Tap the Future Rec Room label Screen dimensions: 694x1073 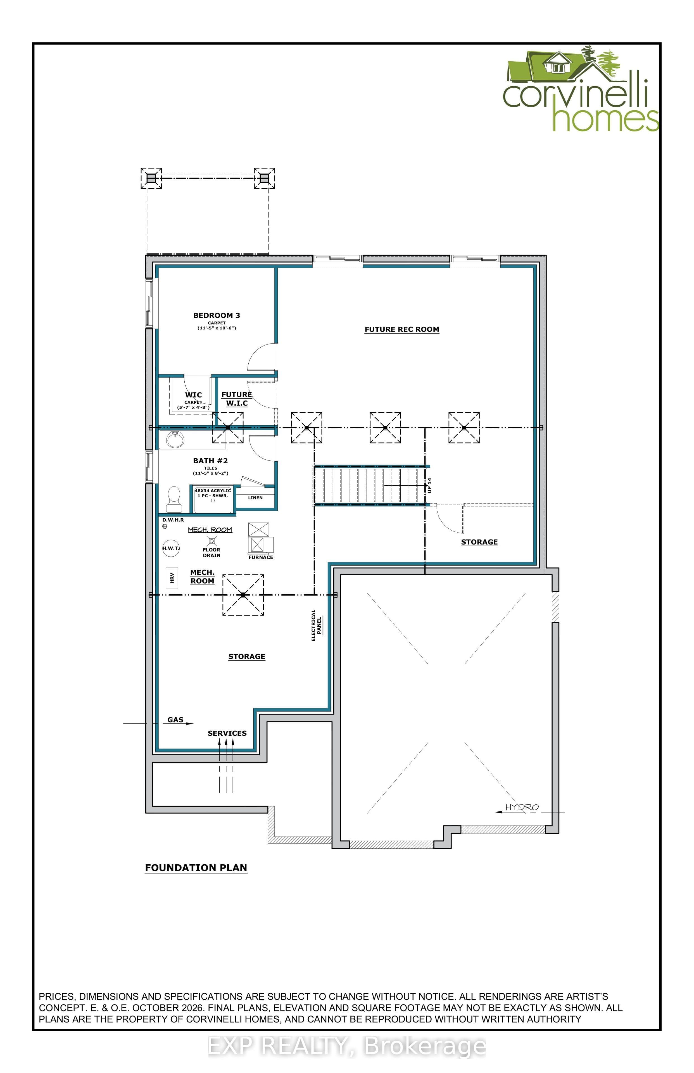coord(401,329)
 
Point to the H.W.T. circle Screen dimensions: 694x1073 coord(170,548)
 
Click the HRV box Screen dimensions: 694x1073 coord(172,578)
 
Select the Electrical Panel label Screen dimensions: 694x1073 coord(316,626)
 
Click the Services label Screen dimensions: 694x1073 coord(227,733)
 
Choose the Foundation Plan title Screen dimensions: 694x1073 coord(196,868)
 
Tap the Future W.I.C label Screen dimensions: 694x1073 coord(237,399)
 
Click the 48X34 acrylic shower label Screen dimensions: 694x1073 coord(213,493)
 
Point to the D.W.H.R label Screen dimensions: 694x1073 coord(173,520)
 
